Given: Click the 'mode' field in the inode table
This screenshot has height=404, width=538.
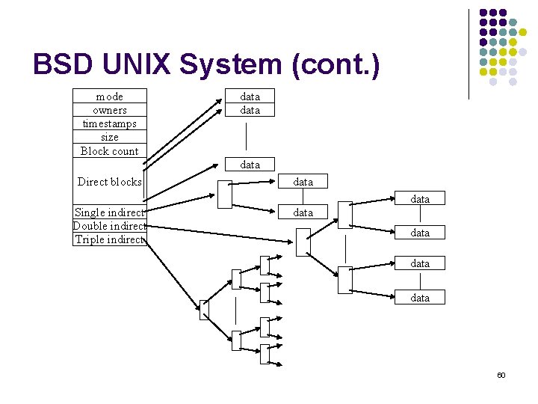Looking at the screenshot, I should point(110,97).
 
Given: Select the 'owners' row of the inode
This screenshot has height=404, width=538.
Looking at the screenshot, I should point(110,110).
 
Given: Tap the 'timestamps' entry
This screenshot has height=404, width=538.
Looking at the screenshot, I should point(110,123).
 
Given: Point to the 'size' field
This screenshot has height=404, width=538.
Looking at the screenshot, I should point(110,137).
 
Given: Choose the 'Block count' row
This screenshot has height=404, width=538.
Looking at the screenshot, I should point(110,150).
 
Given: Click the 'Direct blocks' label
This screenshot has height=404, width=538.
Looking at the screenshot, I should point(110,182).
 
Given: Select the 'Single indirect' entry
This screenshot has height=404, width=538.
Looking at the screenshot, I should point(110,212).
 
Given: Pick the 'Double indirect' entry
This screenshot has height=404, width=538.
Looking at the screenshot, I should point(110,226).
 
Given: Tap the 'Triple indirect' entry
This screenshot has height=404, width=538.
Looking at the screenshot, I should point(110,239).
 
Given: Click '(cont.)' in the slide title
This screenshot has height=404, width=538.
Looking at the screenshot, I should point(336,65).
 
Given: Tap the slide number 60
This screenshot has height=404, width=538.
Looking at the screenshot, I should point(501,375).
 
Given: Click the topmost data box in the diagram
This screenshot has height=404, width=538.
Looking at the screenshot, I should point(250,97).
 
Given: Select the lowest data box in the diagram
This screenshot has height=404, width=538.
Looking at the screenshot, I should point(420,297).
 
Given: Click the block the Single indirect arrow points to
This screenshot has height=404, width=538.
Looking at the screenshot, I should point(224,195).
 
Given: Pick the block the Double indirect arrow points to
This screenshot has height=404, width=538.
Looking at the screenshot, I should point(303,242).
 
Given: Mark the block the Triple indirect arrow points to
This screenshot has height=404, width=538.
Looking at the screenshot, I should point(204,310).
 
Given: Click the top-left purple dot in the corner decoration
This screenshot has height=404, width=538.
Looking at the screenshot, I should point(483,13).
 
